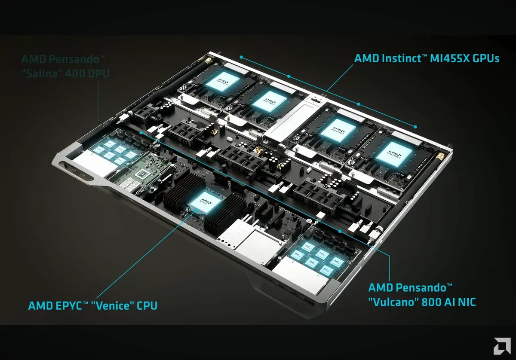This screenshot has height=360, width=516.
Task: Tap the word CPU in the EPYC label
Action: point(145,306)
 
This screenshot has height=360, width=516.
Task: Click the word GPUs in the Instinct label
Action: point(485,58)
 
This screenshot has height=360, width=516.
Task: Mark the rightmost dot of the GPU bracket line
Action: point(415,126)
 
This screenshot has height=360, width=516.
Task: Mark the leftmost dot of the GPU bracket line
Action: point(242,56)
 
